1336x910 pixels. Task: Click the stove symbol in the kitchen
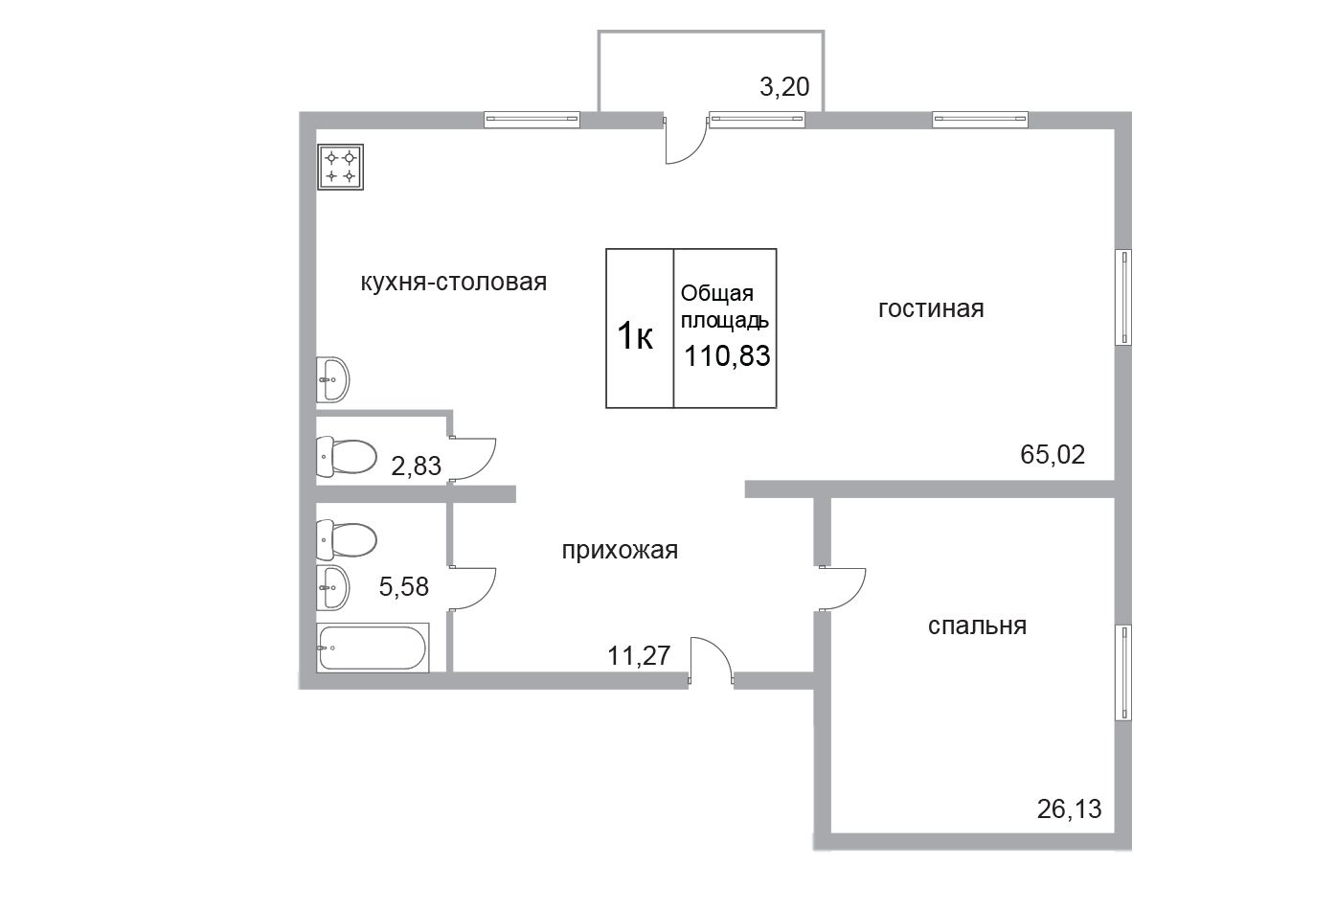click(x=341, y=167)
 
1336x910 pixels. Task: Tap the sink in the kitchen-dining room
click(x=332, y=379)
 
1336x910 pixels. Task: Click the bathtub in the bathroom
click(x=373, y=648)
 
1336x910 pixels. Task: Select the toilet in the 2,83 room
click(x=347, y=457)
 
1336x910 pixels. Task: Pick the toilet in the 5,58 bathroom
click(x=347, y=540)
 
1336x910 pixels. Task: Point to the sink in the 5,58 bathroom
click(x=332, y=588)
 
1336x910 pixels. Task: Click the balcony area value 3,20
click(x=784, y=87)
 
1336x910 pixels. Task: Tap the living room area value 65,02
click(x=1053, y=455)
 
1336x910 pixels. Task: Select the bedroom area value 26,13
click(x=1069, y=809)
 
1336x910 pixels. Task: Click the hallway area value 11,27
click(x=639, y=656)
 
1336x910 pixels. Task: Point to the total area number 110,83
click(x=727, y=356)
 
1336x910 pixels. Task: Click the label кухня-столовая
click(x=454, y=282)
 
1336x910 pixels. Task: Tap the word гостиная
click(x=931, y=309)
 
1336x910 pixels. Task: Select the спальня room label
click(x=977, y=626)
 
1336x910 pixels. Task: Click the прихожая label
click(x=620, y=551)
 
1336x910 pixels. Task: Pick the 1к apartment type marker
click(x=635, y=335)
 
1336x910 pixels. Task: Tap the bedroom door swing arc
click(x=855, y=598)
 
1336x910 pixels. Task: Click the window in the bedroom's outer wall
click(x=1123, y=672)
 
